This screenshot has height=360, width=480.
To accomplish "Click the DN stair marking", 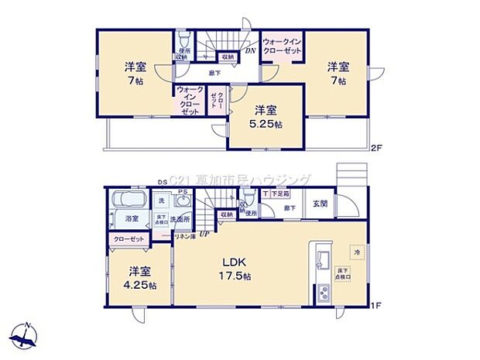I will click(x=251, y=51).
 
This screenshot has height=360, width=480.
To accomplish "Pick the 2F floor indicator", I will click(x=375, y=147).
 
